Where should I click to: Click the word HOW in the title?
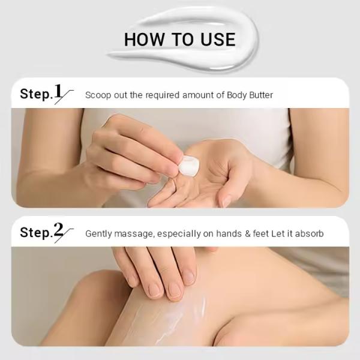[144, 39]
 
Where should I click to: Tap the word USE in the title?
[218, 39]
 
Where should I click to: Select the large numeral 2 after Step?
[58, 230]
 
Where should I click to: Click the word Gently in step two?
[98, 234]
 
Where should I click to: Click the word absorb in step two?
[309, 234]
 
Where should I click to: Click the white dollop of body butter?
[189, 166]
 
